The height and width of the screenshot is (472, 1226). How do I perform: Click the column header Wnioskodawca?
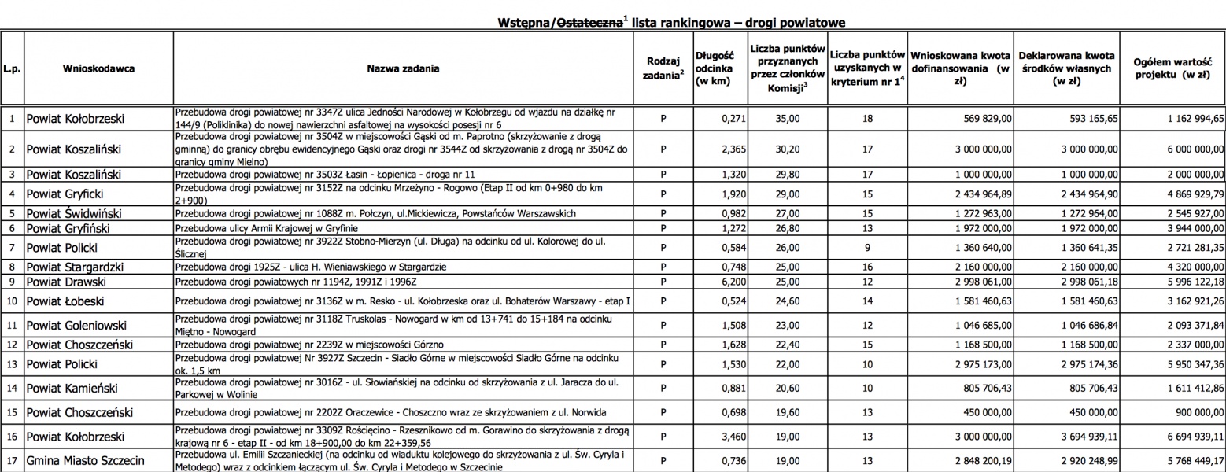[x=98, y=68]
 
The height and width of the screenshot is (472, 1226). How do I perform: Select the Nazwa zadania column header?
[x=403, y=68]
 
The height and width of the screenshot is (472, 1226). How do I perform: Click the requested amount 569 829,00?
[x=978, y=119]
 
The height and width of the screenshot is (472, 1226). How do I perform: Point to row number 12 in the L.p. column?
[x=12, y=344]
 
